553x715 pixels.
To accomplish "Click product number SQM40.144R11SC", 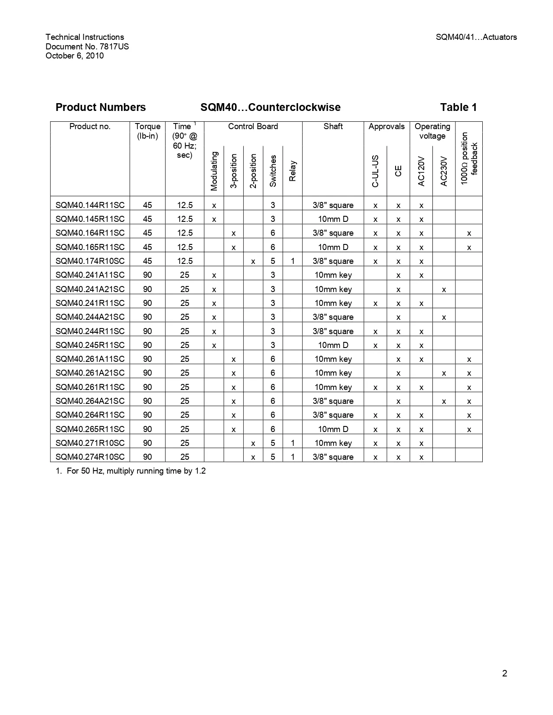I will (90, 205).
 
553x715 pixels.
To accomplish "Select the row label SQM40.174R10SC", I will (90, 261).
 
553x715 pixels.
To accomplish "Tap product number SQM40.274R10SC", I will (90, 457).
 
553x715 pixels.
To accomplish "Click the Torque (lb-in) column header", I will (147, 131).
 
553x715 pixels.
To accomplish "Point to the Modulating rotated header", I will (214, 171).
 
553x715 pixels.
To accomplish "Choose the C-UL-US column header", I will (375, 171).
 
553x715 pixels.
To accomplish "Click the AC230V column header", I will (444, 171).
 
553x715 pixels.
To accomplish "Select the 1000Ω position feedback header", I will (469, 159).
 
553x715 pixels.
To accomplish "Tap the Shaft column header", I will (333, 127).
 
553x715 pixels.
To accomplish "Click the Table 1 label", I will (458, 107).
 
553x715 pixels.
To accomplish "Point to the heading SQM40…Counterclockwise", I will (270, 107).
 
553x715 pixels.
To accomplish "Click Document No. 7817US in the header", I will (87, 46).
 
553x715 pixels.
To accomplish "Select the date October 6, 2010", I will (75, 55).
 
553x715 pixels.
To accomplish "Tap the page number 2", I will (504, 673).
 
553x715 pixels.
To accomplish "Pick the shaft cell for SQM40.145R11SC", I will (333, 219).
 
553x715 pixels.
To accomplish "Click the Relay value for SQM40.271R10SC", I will (293, 443).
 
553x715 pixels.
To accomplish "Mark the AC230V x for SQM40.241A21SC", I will (444, 289).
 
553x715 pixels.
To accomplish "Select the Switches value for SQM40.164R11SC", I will (273, 233).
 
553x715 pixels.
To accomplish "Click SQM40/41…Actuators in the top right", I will (476, 37).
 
